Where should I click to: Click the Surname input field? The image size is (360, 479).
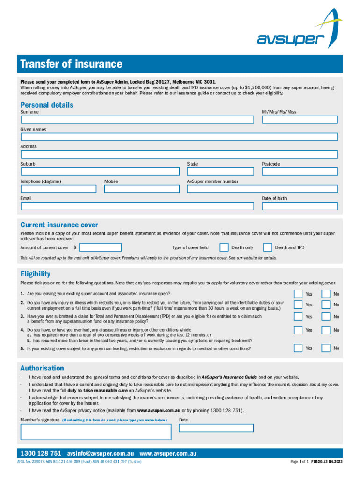tap(137, 120)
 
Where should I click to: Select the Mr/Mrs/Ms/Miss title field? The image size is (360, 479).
tap(299, 120)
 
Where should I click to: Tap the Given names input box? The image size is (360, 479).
tap(179, 137)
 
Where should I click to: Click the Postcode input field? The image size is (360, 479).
tap(299, 172)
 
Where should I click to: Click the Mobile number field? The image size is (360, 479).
tap(141, 189)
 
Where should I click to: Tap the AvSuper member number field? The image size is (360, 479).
tap(262, 189)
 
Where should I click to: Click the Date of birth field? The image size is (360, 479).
tap(299, 206)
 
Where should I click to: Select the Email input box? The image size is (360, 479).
tap(137, 206)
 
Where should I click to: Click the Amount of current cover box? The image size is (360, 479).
tap(101, 247)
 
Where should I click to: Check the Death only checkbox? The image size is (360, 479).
tap(224, 247)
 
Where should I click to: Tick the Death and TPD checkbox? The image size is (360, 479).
tap(267, 247)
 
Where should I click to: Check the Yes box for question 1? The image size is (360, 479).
tap(298, 294)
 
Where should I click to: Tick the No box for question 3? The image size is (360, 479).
tap(326, 317)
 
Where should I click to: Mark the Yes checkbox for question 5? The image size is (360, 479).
tap(298, 348)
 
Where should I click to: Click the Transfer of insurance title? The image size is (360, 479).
tap(71, 64)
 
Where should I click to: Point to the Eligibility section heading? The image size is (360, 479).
tap(35, 274)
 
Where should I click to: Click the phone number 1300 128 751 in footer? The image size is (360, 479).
tap(41, 454)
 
